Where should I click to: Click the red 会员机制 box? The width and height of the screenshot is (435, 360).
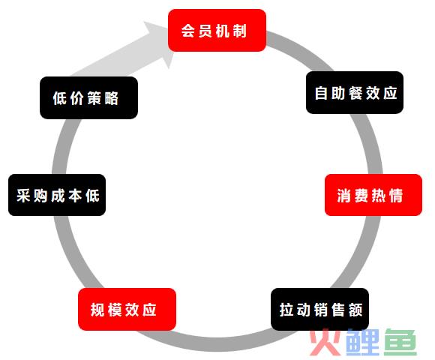(217, 30)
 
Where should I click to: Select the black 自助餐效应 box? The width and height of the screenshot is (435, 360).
(355, 92)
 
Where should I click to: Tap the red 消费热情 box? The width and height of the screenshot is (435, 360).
(373, 195)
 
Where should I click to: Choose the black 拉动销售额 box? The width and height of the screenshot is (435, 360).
(319, 309)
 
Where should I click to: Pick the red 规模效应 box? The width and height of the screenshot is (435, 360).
(127, 309)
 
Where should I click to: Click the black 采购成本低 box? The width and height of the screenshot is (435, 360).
(57, 195)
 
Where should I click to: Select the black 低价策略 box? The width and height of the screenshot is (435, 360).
(88, 98)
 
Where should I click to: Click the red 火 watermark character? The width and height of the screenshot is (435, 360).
(325, 342)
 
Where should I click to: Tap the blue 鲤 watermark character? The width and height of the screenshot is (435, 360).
(363, 342)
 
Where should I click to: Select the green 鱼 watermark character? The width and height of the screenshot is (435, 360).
(400, 342)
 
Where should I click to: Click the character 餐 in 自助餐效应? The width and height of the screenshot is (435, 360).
(355, 93)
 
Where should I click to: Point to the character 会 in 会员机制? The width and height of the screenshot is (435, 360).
(188, 31)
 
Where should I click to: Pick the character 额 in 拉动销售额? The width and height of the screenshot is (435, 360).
(355, 310)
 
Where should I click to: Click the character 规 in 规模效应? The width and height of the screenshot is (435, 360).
(97, 310)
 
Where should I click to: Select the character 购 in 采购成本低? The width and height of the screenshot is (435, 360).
(40, 196)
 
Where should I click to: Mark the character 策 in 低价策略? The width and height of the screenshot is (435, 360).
(94, 98)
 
